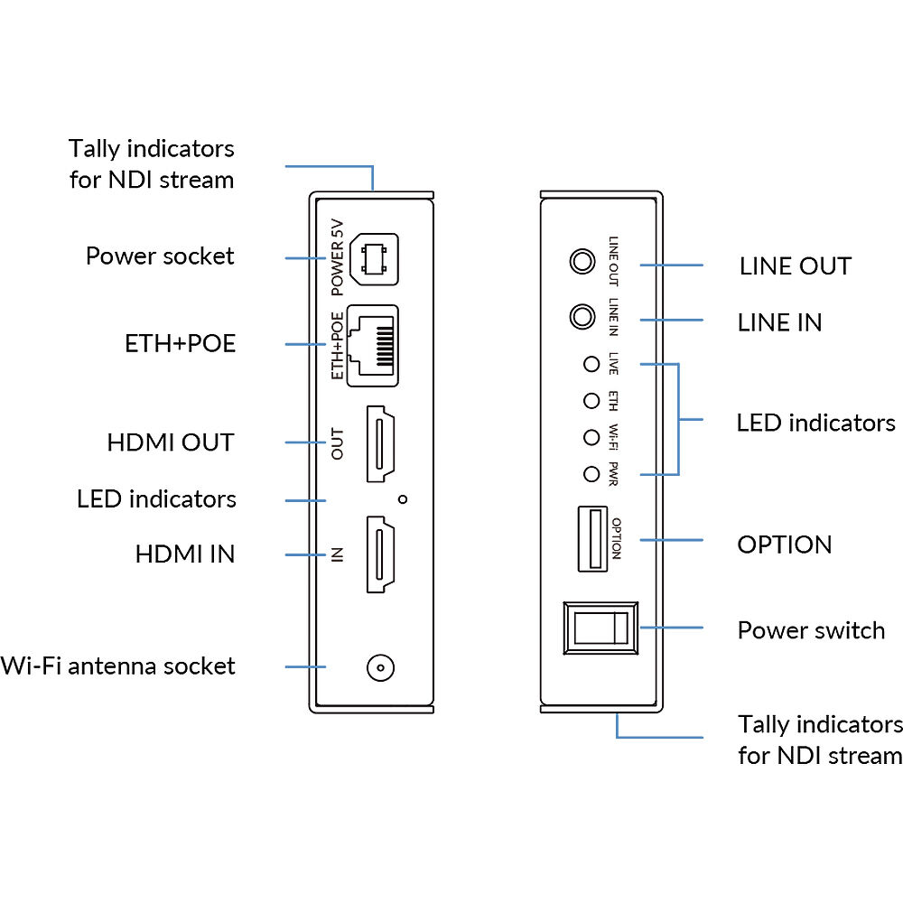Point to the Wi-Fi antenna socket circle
(380, 668)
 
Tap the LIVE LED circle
(591, 365)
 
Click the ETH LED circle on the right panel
(591, 401)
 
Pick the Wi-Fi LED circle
(591, 437)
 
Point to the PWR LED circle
(591, 473)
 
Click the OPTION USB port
(591, 539)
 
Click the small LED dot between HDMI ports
(403, 498)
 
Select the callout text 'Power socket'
(160, 256)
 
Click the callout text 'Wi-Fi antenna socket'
(118, 666)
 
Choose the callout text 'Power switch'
(811, 630)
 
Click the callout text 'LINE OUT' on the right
(795, 266)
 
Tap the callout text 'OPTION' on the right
(784, 545)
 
